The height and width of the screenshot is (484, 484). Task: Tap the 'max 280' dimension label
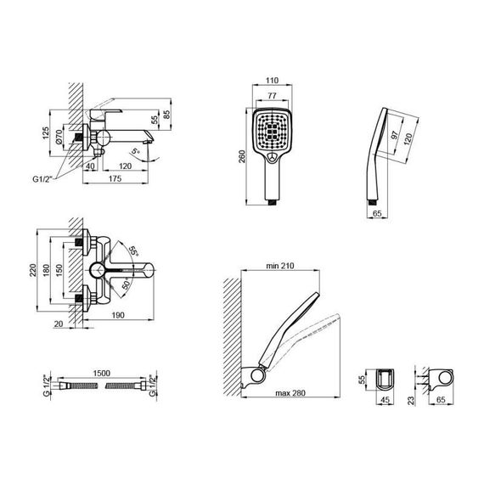[288, 392]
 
